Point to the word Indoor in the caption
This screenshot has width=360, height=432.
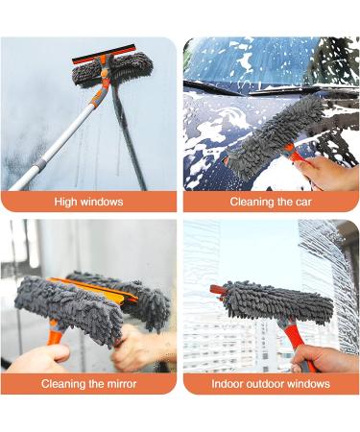[x=228, y=384]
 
